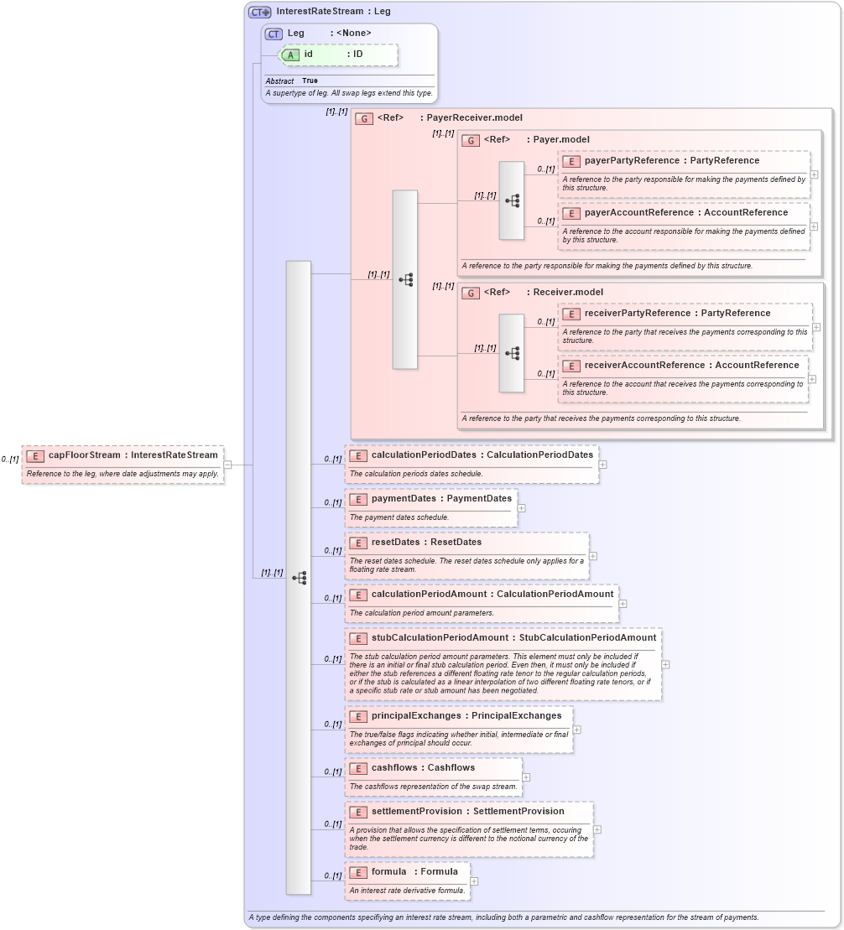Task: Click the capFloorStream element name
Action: (x=84, y=455)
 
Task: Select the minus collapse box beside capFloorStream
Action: (x=227, y=465)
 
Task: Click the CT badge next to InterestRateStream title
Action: (x=259, y=12)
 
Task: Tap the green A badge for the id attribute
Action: (x=290, y=55)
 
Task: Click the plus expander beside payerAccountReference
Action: (x=814, y=226)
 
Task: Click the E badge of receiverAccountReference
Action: (x=571, y=366)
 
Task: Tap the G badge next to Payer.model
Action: (x=471, y=140)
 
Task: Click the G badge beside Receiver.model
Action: (x=471, y=293)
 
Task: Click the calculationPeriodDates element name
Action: (x=423, y=455)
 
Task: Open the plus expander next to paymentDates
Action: (x=521, y=507)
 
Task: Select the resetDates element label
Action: (x=395, y=543)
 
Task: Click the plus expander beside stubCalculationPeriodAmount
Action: (x=665, y=664)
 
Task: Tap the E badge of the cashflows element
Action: (x=358, y=768)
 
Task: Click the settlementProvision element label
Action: (x=416, y=812)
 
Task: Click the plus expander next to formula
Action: (x=474, y=881)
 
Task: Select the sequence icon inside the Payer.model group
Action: (x=512, y=200)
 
